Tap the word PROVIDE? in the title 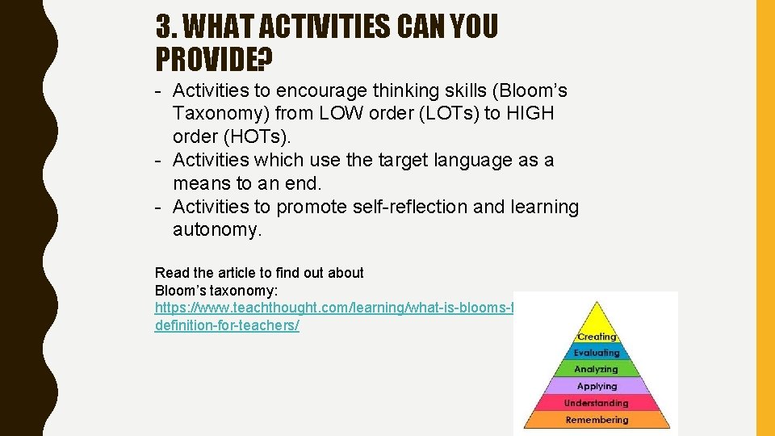coord(214,60)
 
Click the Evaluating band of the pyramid coord(597,353)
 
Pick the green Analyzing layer coord(597,370)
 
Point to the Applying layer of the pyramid coord(597,387)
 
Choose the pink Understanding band coord(597,403)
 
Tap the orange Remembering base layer coord(597,420)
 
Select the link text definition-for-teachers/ coord(227,326)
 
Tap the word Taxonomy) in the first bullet coord(222,114)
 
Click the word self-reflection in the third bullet coord(410,208)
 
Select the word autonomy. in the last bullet coord(217,230)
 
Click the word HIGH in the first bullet coord(530,114)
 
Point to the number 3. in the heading coord(166,28)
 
